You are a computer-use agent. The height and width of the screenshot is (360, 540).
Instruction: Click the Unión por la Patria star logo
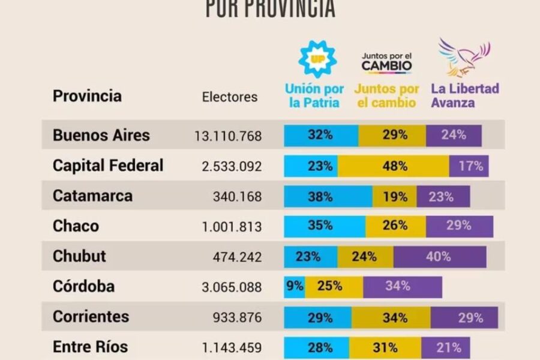(x=317, y=59)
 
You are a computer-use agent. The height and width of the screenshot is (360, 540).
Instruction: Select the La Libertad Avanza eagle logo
(x=464, y=58)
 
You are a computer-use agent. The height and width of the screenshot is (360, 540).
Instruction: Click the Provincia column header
(x=87, y=96)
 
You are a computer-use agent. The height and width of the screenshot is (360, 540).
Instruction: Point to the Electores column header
(x=230, y=97)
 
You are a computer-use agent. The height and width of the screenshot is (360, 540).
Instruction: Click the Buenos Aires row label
(x=101, y=135)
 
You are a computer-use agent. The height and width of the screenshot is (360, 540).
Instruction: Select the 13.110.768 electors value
(x=228, y=136)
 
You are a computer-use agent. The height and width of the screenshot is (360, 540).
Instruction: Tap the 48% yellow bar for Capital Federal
(x=394, y=166)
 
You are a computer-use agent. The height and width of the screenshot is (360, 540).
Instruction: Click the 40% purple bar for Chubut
(x=439, y=257)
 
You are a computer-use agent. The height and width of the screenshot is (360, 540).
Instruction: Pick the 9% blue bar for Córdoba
(x=295, y=287)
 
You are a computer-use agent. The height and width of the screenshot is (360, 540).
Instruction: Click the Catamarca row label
(x=92, y=196)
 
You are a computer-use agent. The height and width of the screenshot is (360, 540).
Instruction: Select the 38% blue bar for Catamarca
(x=328, y=196)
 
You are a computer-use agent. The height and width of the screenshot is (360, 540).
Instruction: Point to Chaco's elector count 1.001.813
(x=232, y=227)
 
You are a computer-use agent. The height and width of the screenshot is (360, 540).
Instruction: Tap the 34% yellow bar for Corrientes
(x=391, y=317)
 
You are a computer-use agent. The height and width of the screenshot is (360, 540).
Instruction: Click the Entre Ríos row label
(x=90, y=347)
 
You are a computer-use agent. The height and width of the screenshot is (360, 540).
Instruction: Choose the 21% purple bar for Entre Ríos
(x=445, y=347)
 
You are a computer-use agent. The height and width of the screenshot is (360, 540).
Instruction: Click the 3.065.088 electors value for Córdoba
(x=232, y=287)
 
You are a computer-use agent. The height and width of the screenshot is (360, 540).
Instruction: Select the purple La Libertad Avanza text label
(x=464, y=95)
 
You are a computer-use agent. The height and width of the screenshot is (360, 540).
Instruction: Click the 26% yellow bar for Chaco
(x=395, y=226)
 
